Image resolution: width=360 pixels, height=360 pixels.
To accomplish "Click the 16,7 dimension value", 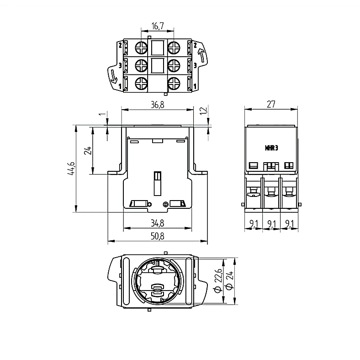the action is click(158, 26).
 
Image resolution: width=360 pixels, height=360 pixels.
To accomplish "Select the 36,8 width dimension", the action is click(158, 105).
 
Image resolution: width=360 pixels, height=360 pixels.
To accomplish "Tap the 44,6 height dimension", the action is click(71, 169).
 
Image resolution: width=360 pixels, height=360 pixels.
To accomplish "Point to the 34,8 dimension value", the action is click(158, 223).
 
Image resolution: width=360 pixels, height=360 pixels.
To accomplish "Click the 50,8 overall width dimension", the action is click(158, 236).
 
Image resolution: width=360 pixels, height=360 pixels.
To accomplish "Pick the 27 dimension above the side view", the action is click(271, 104).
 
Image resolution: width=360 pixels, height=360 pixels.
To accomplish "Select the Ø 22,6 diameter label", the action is click(218, 281).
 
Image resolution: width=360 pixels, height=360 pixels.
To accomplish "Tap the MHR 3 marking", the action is click(271, 148).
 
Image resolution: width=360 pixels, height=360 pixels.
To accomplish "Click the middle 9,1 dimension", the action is click(272, 223).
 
